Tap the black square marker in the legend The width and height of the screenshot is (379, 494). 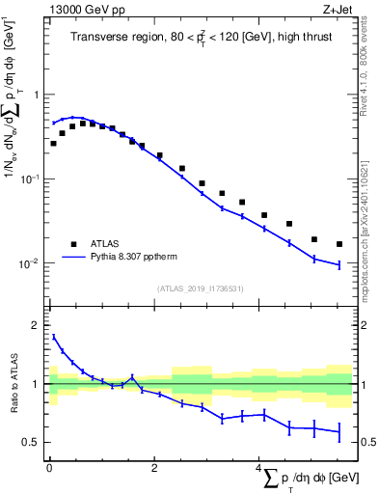[72, 245]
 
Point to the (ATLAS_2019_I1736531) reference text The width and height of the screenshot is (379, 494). [199, 288]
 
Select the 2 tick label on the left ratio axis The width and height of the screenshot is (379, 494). [36, 325]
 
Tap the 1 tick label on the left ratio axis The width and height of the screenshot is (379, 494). [36, 384]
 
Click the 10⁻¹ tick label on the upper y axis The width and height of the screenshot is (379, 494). [29, 179]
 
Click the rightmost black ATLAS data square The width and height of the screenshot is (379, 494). [339, 244]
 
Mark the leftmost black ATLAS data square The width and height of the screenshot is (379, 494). [54, 143]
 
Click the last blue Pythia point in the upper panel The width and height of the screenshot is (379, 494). [339, 264]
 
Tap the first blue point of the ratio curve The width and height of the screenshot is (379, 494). [54, 337]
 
